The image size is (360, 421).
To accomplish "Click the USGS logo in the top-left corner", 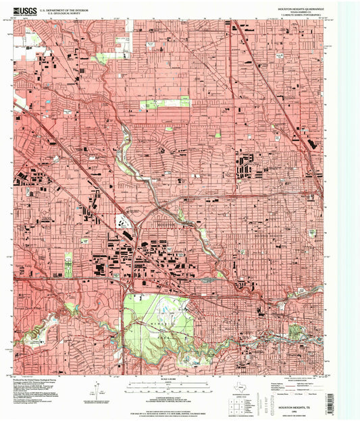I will click(x=26, y=10).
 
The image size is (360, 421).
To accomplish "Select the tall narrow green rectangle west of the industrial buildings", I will click(x=68, y=264).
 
